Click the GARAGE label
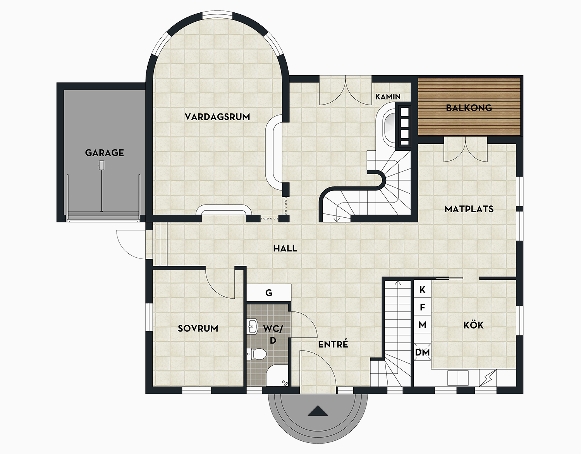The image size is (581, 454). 105,153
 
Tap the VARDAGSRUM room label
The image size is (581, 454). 217,117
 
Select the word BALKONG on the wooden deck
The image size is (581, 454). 469,108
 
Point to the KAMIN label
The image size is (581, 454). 388,96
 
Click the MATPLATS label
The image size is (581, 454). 469,209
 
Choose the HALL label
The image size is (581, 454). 285,248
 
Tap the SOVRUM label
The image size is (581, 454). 198,328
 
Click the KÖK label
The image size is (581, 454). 473,325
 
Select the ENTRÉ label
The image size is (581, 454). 333,344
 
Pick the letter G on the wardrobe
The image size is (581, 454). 269,293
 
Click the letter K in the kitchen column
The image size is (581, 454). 423,289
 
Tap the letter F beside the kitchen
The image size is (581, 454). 423,307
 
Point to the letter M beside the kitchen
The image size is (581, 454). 423,325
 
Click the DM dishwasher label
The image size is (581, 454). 423,353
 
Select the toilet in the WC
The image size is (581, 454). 257,354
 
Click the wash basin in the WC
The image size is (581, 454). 252,327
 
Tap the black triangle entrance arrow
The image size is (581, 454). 318,411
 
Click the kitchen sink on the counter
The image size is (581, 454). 458,378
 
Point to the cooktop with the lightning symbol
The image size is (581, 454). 488,378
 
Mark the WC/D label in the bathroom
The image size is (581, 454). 273,334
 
